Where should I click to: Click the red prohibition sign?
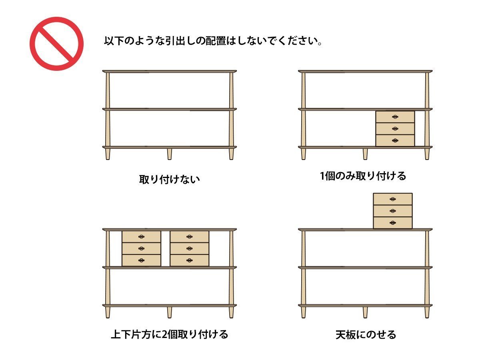coord(56,44)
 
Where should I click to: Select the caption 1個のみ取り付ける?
coord(363,176)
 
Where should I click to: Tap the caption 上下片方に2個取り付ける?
coord(169,334)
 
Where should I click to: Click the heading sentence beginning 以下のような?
coord(213,41)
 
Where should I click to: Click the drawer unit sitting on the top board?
coord(392,211)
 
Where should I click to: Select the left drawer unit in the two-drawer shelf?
coord(141,248)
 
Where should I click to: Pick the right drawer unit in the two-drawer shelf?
coord(189,248)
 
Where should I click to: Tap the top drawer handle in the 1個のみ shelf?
coord(395,117)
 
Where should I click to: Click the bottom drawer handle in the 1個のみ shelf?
coord(395,140)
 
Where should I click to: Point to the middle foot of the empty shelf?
coord(169,154)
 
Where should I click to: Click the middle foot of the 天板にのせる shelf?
coord(365,312)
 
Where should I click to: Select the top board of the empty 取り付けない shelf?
coord(169,71)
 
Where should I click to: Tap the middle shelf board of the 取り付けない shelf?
coord(169,109)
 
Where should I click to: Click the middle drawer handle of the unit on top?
coord(393,211)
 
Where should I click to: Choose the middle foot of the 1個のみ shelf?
coord(365,154)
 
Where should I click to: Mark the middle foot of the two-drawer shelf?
coord(169,312)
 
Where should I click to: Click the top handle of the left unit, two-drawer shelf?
coord(141,236)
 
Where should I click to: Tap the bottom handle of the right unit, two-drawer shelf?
coord(189,260)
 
